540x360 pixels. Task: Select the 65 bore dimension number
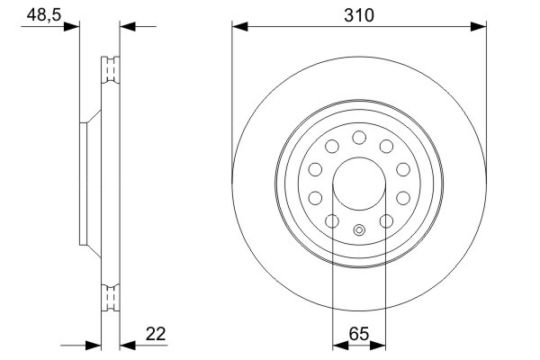(x=360, y=334)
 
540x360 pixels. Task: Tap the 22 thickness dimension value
(x=156, y=334)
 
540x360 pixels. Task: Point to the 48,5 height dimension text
(x=38, y=14)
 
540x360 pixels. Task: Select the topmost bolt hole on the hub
(x=360, y=137)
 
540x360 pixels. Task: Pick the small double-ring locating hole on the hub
(x=360, y=230)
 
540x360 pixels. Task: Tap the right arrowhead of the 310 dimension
(x=481, y=27)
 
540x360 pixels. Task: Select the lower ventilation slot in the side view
(x=111, y=294)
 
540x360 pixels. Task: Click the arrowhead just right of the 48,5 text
(x=72, y=27)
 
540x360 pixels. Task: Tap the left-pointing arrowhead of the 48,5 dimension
(x=128, y=27)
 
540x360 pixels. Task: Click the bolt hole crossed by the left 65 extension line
(x=332, y=221)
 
